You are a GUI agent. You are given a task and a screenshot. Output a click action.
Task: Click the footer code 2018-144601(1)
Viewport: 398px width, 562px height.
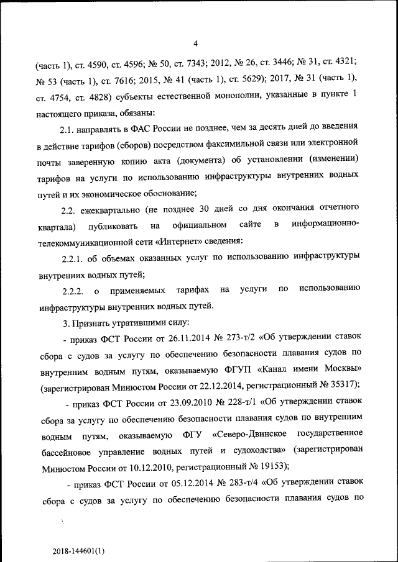tap(78, 550)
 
